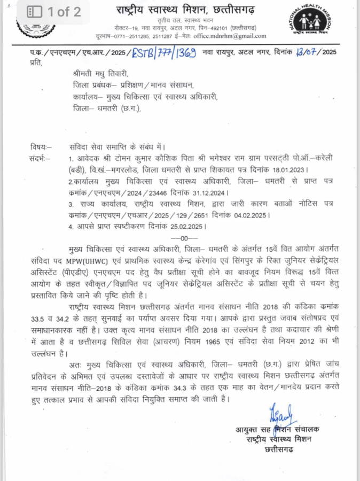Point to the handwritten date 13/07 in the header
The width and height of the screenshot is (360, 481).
[x=306, y=52]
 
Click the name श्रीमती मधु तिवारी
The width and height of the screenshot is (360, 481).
[x=101, y=74]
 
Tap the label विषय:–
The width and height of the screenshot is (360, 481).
[x=41, y=148]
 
